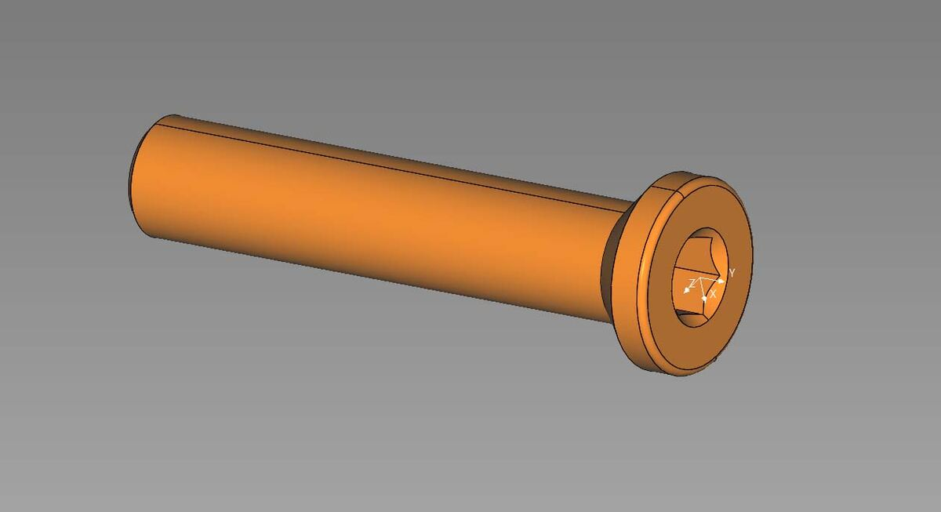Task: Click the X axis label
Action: (714, 292)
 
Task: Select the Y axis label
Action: (732, 272)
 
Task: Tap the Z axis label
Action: (692, 281)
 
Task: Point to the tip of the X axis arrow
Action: (705, 299)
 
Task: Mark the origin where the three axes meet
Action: (702, 278)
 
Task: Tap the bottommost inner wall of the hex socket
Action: (690, 317)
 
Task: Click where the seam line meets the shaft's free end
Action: (162, 119)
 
